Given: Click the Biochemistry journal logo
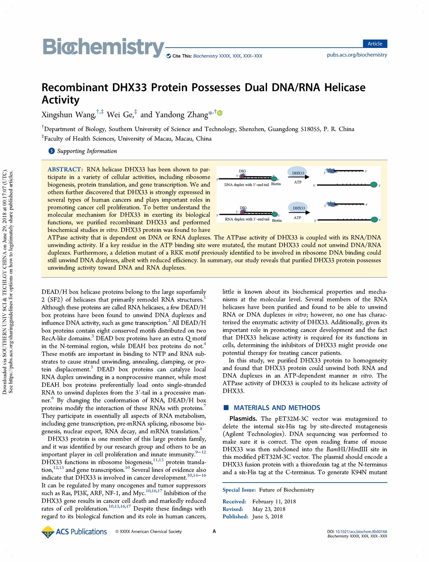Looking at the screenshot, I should [x=103, y=47].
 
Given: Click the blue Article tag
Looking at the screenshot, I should [x=375, y=44].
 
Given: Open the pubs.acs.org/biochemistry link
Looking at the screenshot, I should [x=357, y=55].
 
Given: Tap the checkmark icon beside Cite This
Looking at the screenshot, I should [x=169, y=56].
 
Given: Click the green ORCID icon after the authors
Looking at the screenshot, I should [x=220, y=113].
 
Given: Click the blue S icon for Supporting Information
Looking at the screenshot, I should [x=51, y=151].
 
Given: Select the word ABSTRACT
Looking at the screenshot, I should [x=65, y=169].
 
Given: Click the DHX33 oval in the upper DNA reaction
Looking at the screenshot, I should [x=298, y=173].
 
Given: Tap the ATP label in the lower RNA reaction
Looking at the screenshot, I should [x=297, y=218].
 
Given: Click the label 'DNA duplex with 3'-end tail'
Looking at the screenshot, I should [x=246, y=185].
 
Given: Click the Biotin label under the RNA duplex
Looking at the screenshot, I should [x=277, y=221].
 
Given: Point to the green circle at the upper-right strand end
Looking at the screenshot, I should [x=374, y=185].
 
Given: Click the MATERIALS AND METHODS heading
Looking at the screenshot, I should [x=277, y=408].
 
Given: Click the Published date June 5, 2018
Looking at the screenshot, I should [x=267, y=517].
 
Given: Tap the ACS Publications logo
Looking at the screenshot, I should [x=74, y=532].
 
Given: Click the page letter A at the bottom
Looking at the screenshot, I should [x=214, y=532].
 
